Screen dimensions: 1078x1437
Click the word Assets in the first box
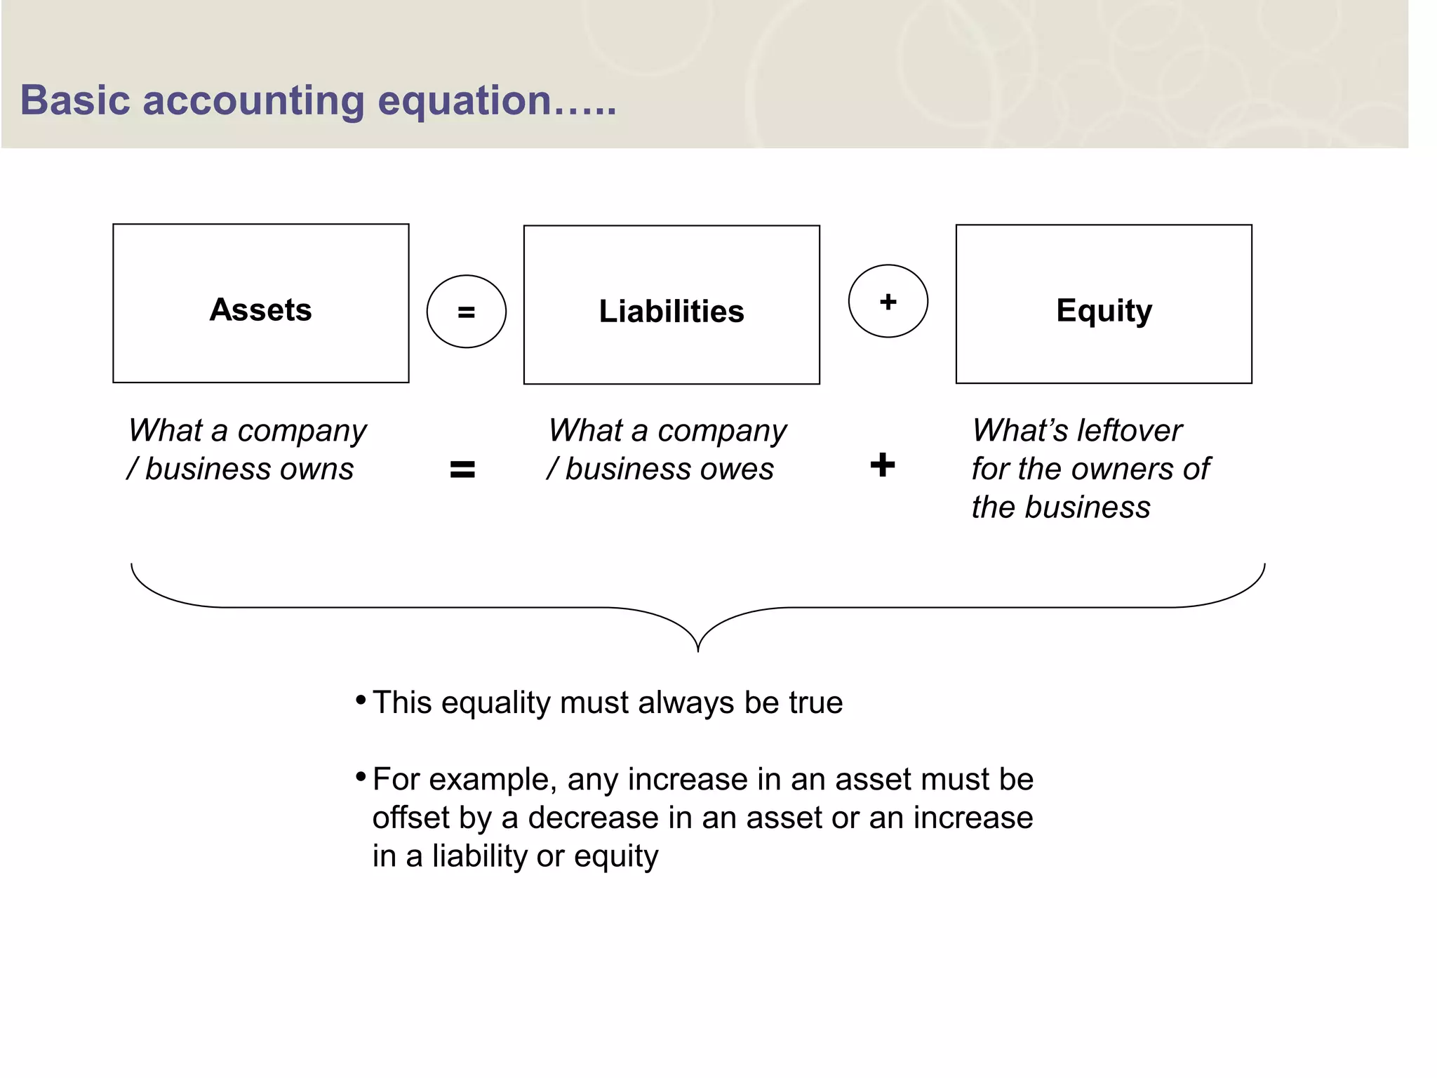point(260,310)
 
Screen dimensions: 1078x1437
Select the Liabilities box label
point(671,311)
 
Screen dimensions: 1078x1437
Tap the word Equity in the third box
point(1104,310)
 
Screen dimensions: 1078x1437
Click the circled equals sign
point(467,312)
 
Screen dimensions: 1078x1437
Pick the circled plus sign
point(888,302)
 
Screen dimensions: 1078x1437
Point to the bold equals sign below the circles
point(462,469)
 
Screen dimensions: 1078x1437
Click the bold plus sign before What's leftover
point(883,465)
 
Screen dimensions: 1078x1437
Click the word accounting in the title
point(253,100)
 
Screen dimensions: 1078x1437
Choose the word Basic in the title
point(75,100)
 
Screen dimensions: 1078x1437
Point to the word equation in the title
point(464,101)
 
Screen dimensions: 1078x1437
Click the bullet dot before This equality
point(361,700)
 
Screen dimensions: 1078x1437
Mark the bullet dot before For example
point(361,776)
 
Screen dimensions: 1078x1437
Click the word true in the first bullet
point(815,703)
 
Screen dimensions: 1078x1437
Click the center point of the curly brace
point(698,648)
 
